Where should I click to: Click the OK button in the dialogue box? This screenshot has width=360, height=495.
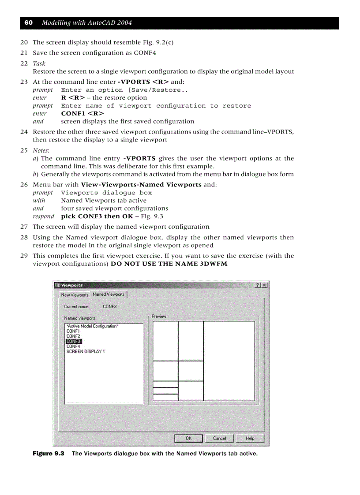(188, 438)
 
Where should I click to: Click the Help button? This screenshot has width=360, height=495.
(250, 438)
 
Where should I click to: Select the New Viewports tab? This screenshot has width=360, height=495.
(75, 295)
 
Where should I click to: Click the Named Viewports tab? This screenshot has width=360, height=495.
(109, 294)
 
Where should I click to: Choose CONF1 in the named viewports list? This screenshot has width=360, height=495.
(73, 331)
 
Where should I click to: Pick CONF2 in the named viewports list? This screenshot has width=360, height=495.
(73, 336)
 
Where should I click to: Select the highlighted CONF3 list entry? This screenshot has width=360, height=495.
(74, 341)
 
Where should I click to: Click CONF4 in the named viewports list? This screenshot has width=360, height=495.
(73, 346)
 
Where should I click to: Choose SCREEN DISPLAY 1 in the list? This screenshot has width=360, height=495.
(86, 352)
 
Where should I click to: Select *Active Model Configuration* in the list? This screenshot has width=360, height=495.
(92, 326)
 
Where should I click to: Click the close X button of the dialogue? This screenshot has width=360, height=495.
(264, 285)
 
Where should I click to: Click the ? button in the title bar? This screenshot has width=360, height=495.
(258, 285)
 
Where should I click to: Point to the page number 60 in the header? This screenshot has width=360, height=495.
(28, 23)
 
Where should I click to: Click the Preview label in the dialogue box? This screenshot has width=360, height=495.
(159, 316)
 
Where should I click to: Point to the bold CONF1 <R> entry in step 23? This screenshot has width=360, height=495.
(82, 113)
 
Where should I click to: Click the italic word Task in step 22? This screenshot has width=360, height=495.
(39, 63)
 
